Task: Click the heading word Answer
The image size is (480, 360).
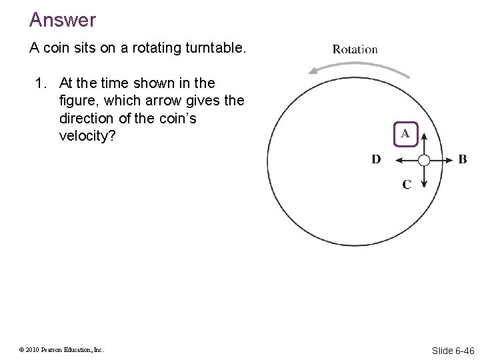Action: click(x=63, y=20)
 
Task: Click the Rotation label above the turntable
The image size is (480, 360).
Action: click(x=355, y=49)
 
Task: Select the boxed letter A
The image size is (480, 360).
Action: click(x=405, y=134)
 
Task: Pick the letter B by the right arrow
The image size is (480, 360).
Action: click(x=463, y=159)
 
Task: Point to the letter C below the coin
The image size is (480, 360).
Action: click(x=407, y=184)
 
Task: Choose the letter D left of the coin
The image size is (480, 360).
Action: click(x=377, y=159)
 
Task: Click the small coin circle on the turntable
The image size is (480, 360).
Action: click(x=424, y=159)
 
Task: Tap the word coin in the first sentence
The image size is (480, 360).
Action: click(x=54, y=49)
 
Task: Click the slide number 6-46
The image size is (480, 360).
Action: click(x=462, y=349)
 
